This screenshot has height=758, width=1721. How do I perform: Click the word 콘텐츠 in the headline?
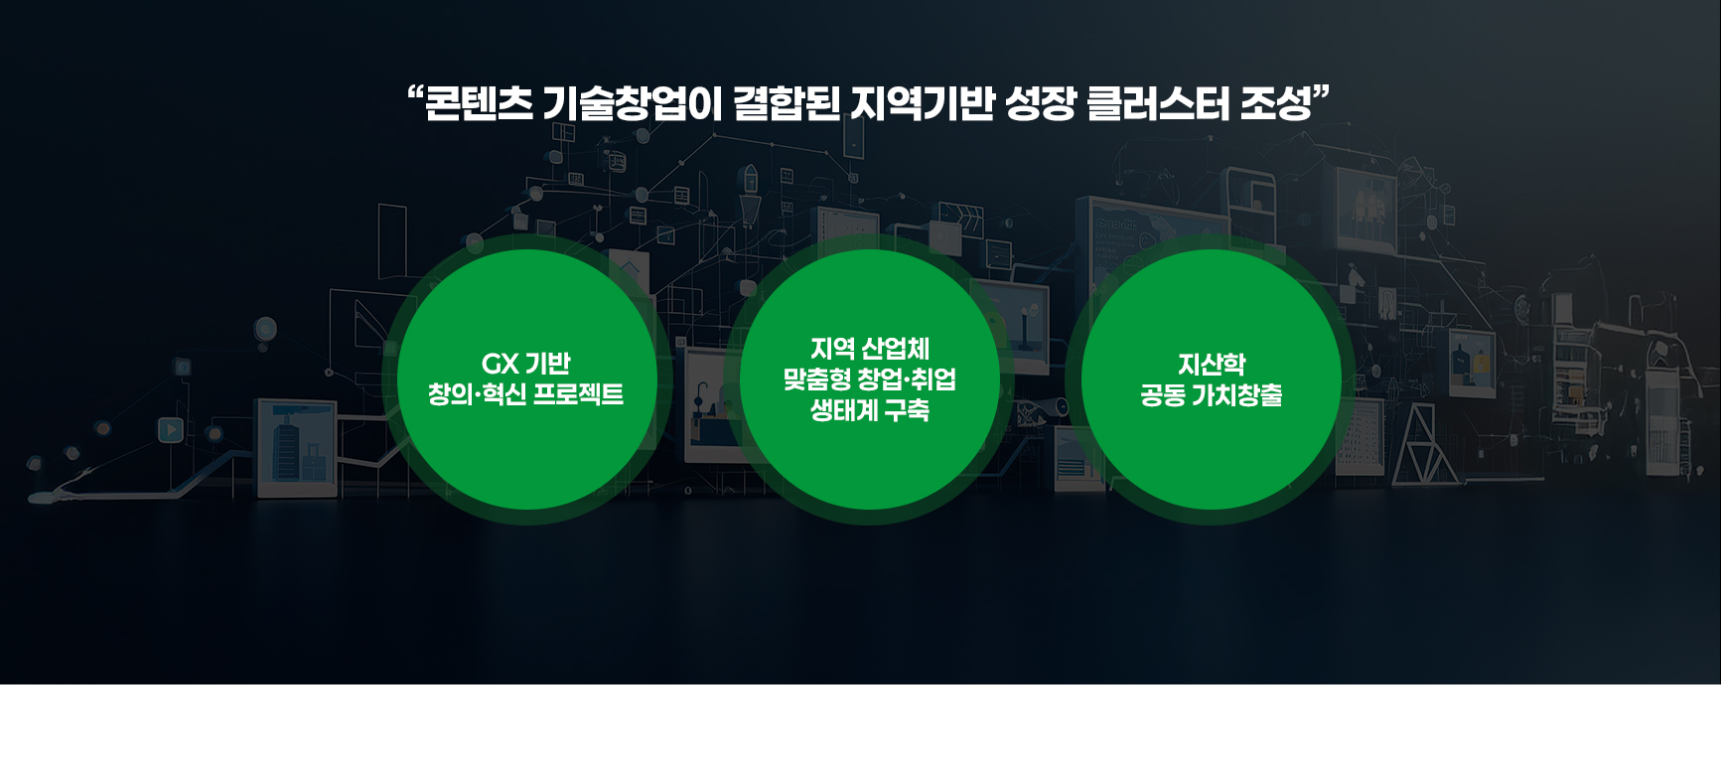tap(479, 103)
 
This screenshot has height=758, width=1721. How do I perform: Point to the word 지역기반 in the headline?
tap(923, 103)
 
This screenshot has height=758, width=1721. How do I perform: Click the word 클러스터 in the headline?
tap(1158, 103)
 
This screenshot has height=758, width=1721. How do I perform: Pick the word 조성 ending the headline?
tap(1276, 103)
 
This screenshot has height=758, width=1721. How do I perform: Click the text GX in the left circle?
tap(500, 364)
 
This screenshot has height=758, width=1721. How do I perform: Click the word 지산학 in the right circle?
tap(1212, 365)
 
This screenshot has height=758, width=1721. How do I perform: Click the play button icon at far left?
tap(171, 429)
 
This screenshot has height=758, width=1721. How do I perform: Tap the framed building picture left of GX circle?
tap(297, 447)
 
